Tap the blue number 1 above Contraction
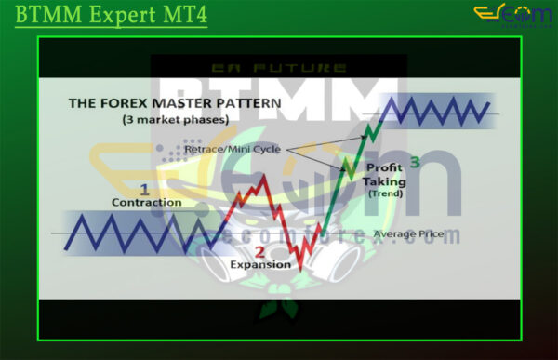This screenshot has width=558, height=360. (143, 189)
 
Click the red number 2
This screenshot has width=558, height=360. (259, 252)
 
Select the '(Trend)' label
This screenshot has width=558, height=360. (382, 193)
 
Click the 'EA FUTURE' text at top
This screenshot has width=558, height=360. (279, 68)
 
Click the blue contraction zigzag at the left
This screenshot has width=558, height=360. (130, 232)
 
